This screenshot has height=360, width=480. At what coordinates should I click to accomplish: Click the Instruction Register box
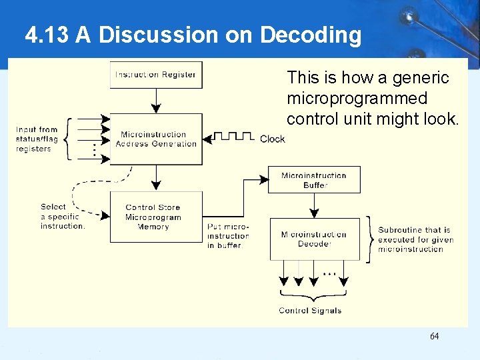click(x=156, y=75)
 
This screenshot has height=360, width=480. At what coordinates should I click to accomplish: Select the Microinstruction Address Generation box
click(x=156, y=139)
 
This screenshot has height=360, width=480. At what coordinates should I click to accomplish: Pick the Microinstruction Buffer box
click(x=314, y=180)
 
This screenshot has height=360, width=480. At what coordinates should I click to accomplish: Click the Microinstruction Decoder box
click(x=314, y=239)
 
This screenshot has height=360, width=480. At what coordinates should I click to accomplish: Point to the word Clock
click(x=272, y=139)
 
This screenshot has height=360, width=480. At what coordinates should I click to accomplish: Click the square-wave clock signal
click(x=234, y=137)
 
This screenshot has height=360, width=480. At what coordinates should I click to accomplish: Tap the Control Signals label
click(x=310, y=311)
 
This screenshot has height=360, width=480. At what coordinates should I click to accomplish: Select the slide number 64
click(x=434, y=336)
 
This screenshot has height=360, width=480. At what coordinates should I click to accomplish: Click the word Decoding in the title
click(x=311, y=35)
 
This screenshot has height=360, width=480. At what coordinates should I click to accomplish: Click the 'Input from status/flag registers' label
click(x=37, y=139)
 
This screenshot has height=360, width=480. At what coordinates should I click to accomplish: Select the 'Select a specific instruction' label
click(x=63, y=217)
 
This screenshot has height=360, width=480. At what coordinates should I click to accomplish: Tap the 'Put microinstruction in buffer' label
click(x=228, y=236)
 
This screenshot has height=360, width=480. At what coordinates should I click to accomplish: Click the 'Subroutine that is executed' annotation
click(x=415, y=239)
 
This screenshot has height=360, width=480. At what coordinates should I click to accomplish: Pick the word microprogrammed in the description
click(x=357, y=99)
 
